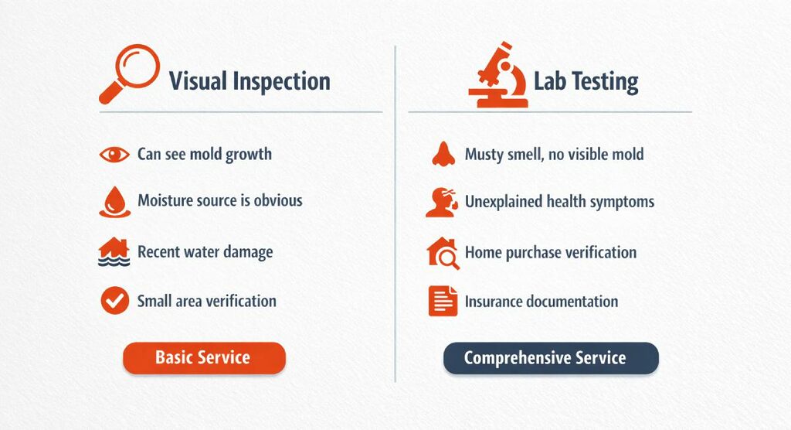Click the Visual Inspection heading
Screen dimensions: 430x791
pos(249,81)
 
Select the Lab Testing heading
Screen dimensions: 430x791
pos(586,81)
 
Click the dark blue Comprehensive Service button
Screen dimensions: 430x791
pos(550,358)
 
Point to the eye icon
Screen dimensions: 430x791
pos(114,155)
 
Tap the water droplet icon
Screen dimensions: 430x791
pos(114,202)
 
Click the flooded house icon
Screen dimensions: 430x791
pos(114,252)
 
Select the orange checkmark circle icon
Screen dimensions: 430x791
pos(114,301)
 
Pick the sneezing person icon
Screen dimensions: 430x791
pos(441,202)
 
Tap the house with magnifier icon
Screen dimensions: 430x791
pos(443,253)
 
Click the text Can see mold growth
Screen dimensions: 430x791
pos(205,154)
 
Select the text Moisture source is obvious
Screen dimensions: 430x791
pos(220,201)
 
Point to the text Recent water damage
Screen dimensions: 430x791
pos(205,252)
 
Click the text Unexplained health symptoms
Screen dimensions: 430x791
pos(559,202)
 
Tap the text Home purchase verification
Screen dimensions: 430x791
pos(551,252)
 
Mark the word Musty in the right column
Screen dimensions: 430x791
pos(484,155)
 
